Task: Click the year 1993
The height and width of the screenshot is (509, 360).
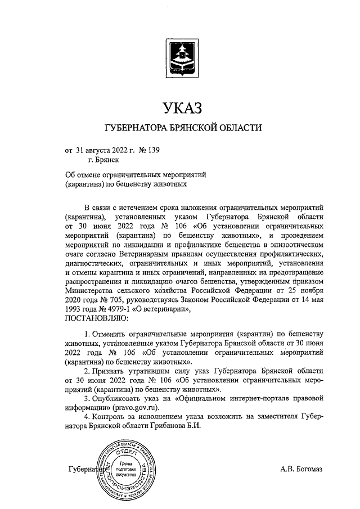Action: pyautogui.click(x=75, y=310)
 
